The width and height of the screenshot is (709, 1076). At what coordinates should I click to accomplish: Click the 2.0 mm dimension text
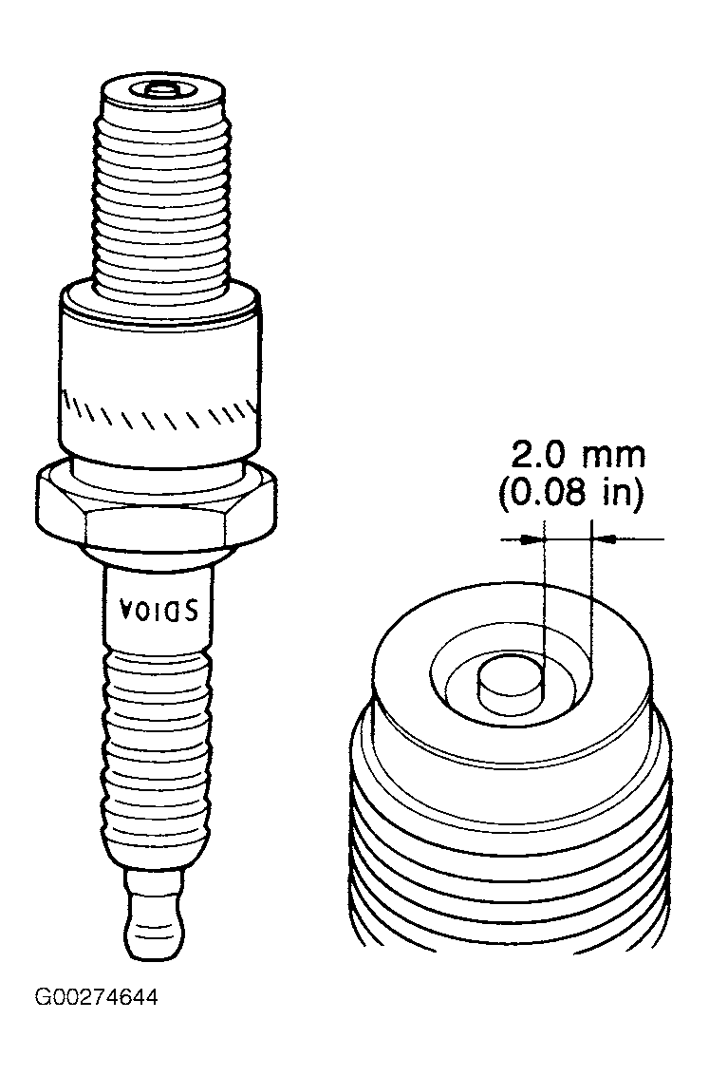(578, 454)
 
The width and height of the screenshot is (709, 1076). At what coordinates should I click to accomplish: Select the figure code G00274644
(96, 996)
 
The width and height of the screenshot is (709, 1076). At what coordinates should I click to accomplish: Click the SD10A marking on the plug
(159, 609)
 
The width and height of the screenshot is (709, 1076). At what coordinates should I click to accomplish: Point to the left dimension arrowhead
(532, 539)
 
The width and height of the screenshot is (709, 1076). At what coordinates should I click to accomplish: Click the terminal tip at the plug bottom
(155, 912)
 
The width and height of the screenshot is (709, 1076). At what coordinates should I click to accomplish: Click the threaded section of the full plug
(162, 199)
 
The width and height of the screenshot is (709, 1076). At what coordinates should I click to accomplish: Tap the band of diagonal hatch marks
(161, 412)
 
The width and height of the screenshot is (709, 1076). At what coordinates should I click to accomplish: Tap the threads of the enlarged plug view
(511, 858)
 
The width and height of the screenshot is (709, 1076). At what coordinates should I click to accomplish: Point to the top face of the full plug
(161, 90)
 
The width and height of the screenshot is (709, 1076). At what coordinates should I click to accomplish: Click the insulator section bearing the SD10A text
(159, 604)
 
